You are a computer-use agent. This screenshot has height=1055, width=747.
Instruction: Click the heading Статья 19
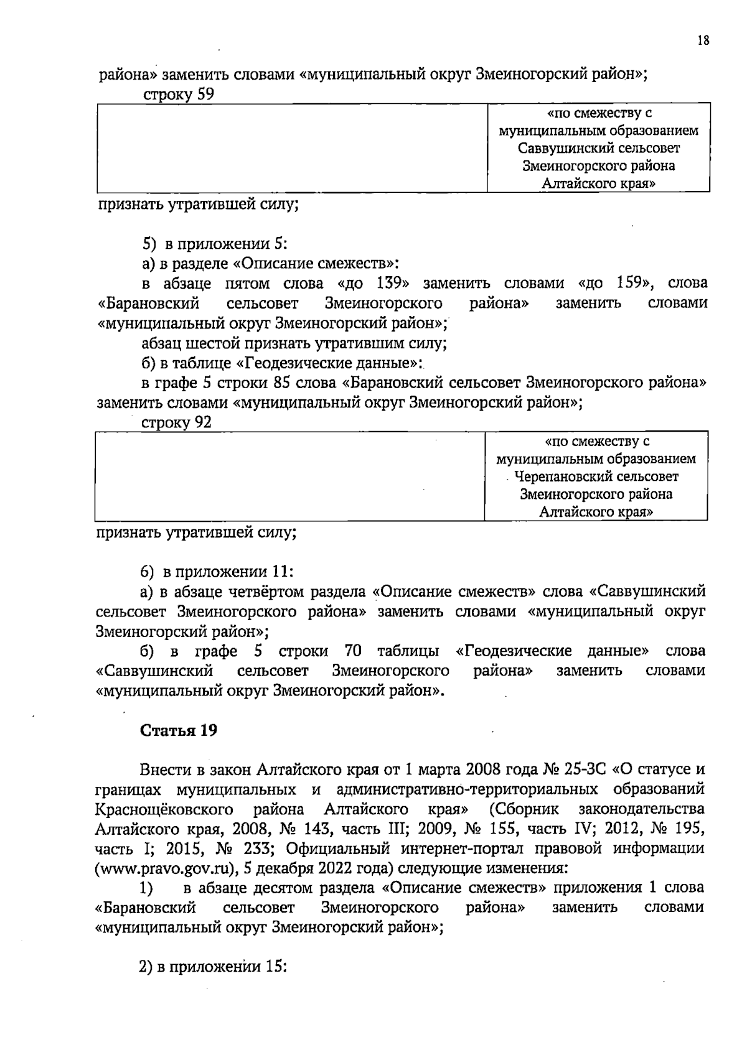(x=179, y=730)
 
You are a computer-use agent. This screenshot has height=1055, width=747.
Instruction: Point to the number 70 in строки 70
(x=352, y=651)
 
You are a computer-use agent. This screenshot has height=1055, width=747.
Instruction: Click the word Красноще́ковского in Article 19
(x=164, y=809)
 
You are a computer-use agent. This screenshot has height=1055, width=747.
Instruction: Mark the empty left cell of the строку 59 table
(x=291, y=148)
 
